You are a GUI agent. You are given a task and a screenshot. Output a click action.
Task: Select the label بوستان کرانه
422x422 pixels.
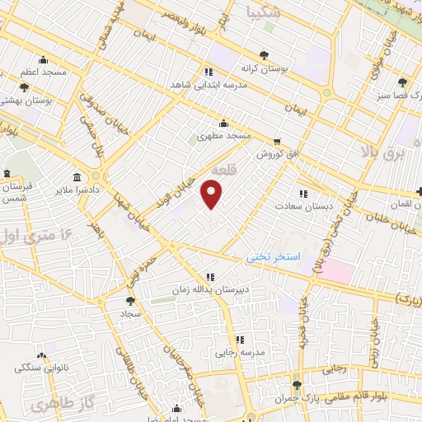264,69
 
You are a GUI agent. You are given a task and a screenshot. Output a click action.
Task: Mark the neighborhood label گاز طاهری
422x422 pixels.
53,404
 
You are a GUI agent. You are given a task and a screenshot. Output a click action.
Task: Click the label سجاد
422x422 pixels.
132,313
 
